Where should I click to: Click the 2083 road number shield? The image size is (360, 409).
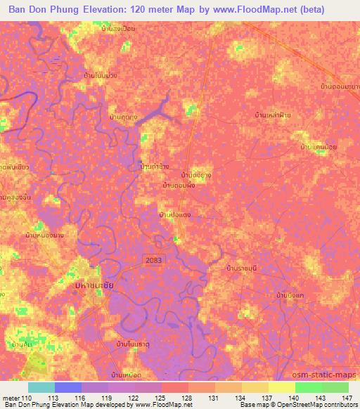[x=154, y=259]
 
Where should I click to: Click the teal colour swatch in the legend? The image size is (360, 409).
[x=41, y=387]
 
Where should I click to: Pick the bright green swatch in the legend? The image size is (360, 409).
[x=308, y=387]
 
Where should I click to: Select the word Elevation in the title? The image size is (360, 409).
[x=108, y=11]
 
